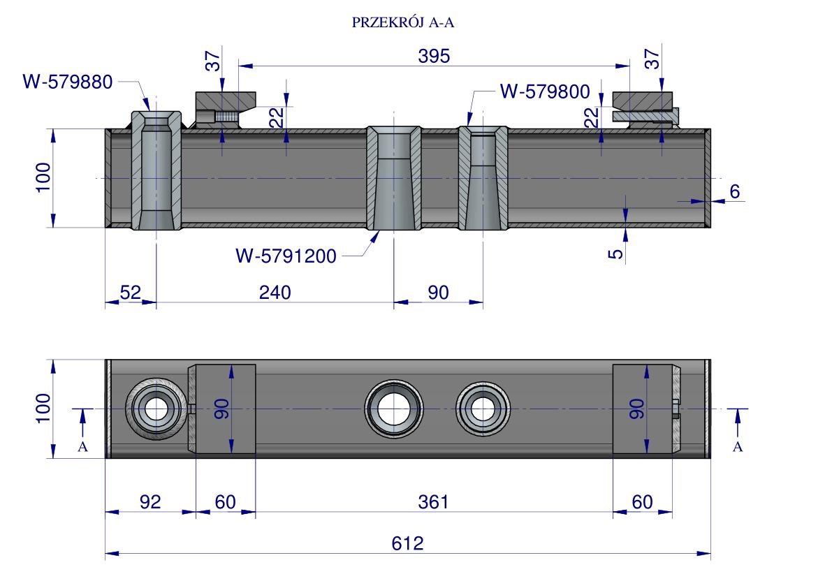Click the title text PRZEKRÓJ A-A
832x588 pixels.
point(404,23)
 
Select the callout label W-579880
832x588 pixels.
point(67,82)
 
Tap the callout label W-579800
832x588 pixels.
point(546,91)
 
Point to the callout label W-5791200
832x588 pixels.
point(286,257)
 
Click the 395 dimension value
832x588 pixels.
point(434,57)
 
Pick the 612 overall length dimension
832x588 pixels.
point(408,543)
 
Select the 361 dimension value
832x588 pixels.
point(434,502)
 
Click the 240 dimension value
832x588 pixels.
point(275,293)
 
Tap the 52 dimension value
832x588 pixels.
point(130,293)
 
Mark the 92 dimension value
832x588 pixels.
point(150,502)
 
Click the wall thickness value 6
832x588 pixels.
point(735,191)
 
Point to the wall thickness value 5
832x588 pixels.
point(615,253)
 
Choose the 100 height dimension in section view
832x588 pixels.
point(43,177)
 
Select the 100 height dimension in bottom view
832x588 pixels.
point(43,408)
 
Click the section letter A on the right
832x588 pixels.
point(738,447)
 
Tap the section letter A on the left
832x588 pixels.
point(82,447)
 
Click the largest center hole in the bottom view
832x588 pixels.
point(393,409)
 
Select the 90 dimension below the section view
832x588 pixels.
point(438,293)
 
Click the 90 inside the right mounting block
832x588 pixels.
point(636,409)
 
